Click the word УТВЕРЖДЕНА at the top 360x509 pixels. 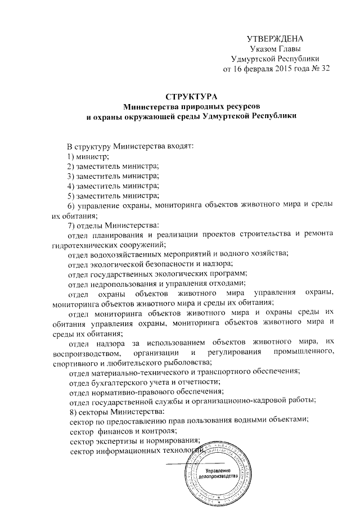tap(275, 39)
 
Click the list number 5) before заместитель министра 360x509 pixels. tap(71, 196)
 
